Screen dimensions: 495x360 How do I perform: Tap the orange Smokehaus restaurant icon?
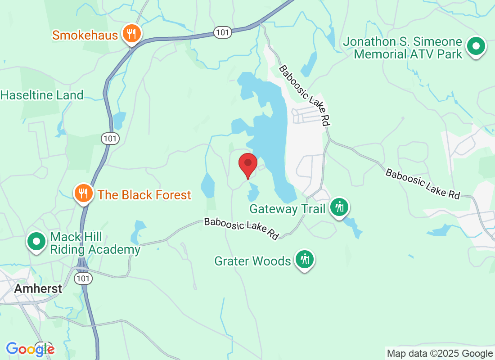131,34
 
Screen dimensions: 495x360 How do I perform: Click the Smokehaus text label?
85,35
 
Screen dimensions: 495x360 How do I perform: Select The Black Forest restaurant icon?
83,193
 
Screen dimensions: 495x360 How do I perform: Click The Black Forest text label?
144,195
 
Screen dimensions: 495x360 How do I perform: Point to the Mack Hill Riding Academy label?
95,243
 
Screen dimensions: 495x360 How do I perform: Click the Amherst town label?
38,288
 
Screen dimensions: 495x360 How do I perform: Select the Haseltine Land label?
42,95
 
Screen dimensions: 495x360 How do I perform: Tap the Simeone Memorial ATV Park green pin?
476,46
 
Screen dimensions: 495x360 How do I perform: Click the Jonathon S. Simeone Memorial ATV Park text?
403,48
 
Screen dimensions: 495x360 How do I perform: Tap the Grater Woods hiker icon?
305,259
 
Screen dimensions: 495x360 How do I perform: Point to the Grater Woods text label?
252,261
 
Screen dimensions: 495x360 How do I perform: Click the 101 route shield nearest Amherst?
84,279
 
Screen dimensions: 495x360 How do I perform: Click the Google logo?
30,349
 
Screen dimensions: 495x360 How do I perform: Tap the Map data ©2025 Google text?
440,354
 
